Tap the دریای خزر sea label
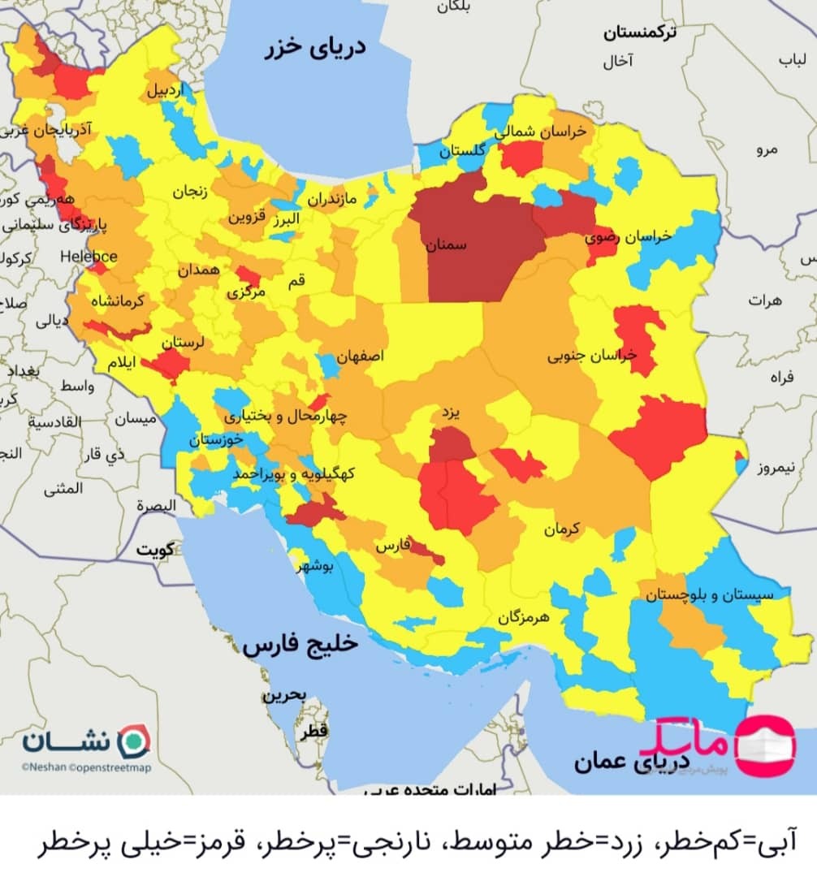313,48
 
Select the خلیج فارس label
300,646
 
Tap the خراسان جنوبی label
592,356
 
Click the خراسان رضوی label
629,236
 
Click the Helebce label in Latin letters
89,257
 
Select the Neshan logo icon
134,741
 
